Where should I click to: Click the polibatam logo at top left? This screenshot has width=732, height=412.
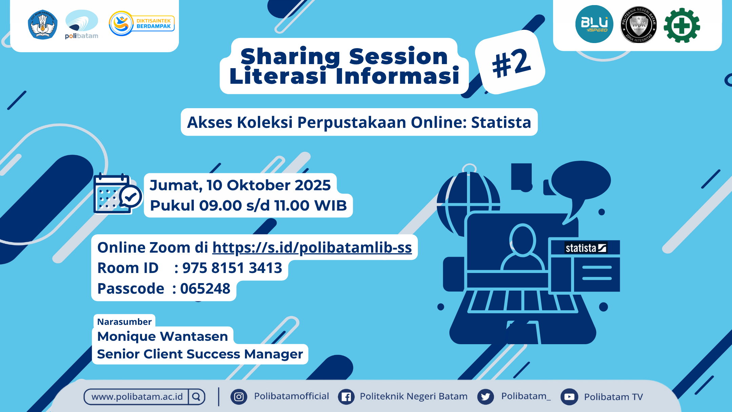[x=82, y=24]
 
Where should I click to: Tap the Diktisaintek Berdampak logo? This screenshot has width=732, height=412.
[x=142, y=23]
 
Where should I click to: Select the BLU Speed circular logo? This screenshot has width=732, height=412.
[x=594, y=24]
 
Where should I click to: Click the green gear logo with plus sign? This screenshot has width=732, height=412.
[x=682, y=25]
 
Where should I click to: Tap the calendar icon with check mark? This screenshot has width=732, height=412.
[x=117, y=194]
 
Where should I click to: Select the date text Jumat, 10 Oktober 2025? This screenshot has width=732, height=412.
[x=240, y=185]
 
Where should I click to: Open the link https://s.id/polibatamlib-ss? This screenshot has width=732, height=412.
[x=312, y=248]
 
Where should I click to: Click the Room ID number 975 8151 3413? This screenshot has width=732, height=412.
[x=232, y=268]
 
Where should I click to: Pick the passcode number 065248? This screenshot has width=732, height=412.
[x=205, y=289]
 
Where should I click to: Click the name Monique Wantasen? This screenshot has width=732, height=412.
[x=163, y=336]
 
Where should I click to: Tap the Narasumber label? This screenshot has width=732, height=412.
[x=124, y=321]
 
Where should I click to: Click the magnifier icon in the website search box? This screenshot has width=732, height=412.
[x=196, y=396]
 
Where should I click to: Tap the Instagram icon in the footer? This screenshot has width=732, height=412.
[x=239, y=397]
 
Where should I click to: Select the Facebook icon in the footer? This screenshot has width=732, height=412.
[x=346, y=397]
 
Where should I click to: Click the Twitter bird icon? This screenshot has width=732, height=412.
[x=486, y=397]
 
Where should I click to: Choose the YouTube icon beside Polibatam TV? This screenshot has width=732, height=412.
[x=569, y=397]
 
